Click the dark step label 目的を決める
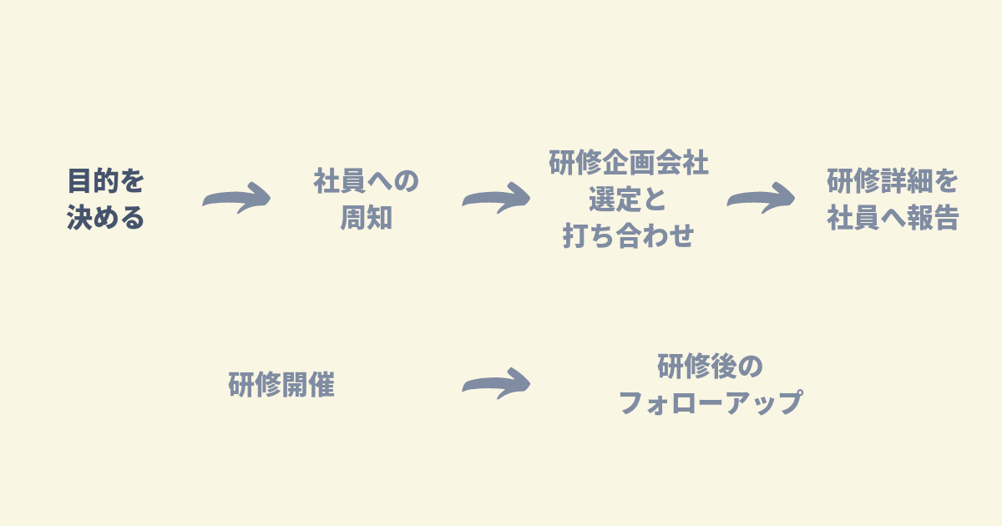[105, 199]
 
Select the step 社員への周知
[366, 199]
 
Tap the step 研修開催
[281, 384]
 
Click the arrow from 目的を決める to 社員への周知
[237, 198]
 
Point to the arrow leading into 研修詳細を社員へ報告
[762, 198]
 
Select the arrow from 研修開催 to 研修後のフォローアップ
[497, 384]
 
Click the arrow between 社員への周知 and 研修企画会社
[497, 198]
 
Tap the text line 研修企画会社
[629, 163]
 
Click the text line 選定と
[628, 199]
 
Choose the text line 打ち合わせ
[629, 235]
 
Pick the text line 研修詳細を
[893, 181]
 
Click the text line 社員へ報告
[893, 218]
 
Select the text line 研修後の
[711, 367]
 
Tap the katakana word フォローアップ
[711, 402]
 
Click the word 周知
[366, 218]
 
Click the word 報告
[932, 218]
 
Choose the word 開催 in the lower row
[308, 384]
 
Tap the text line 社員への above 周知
[366, 181]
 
